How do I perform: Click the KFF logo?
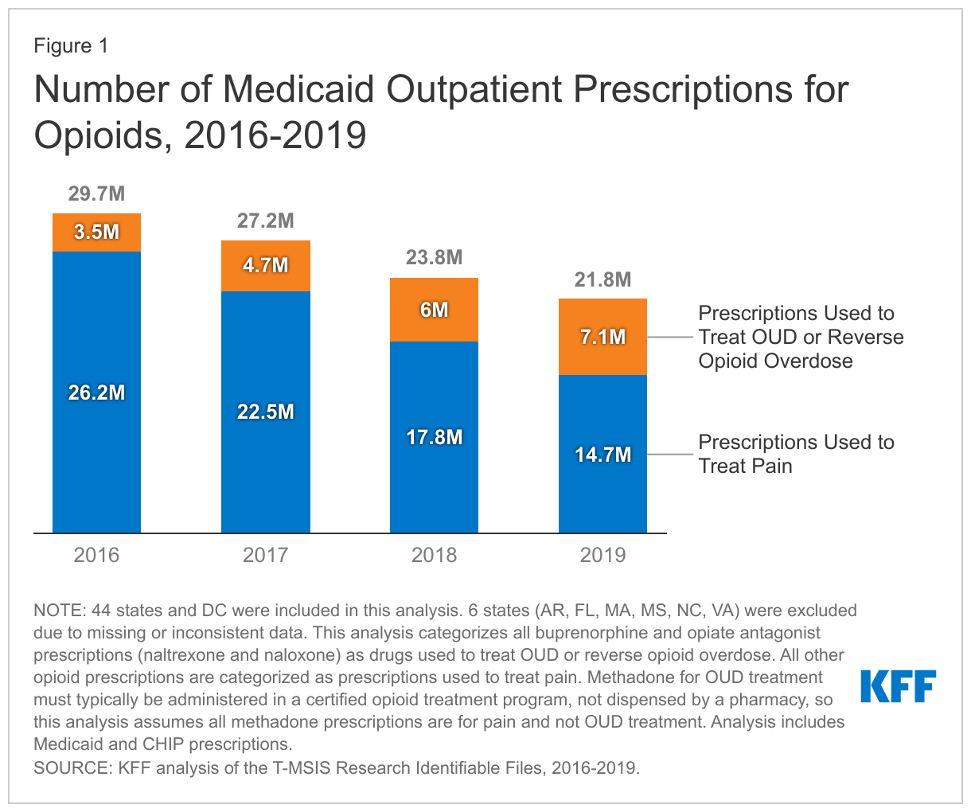[x=899, y=686]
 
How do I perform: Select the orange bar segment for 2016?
[x=96, y=232]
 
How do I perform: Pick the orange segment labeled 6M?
[x=434, y=310]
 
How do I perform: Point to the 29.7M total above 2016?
[x=96, y=194]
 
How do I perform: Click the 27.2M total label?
[x=265, y=221]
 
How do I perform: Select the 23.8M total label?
[x=434, y=258]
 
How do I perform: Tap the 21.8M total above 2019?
[x=602, y=279]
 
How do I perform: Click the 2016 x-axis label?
[x=96, y=555]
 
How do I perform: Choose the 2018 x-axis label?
[x=434, y=555]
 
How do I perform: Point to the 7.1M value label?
[x=602, y=338]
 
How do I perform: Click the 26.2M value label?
[x=96, y=393]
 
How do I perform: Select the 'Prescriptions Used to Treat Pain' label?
[x=796, y=454]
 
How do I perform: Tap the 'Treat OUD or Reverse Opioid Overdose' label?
[x=801, y=337]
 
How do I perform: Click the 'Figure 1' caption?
[x=71, y=46]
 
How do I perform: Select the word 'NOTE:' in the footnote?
[x=60, y=611]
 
